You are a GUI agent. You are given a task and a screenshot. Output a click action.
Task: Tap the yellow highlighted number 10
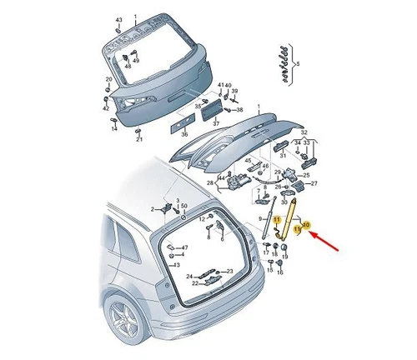pos(305,225)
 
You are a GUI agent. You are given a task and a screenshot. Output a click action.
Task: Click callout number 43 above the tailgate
pos(118,18)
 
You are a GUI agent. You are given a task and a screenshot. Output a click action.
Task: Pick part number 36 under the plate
pos(184,133)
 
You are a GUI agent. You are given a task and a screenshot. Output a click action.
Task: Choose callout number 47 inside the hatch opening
pos(184,247)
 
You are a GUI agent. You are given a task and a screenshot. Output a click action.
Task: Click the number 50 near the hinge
pos(183,205)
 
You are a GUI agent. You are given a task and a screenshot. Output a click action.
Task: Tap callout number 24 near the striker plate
pos(190,276)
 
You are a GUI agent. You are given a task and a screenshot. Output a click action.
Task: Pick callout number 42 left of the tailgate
pos(105,108)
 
